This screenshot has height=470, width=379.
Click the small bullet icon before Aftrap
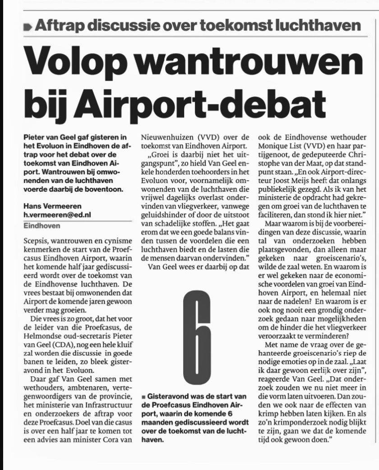tap(27, 27)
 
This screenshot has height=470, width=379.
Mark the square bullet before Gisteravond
tap(143, 397)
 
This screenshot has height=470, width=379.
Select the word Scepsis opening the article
tap(37, 242)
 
